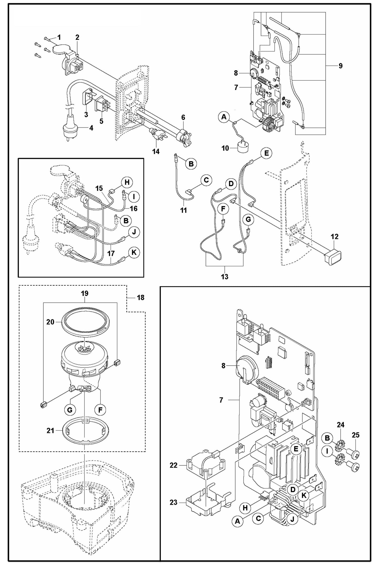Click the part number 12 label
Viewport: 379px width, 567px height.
pos(334,237)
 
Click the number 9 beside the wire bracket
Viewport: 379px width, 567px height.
pos(340,66)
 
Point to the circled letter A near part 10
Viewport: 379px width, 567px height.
pos(224,117)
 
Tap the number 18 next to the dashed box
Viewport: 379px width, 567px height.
pos(141,298)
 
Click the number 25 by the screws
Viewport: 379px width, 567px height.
pos(355,435)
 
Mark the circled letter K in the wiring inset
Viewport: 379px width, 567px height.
pos(134,253)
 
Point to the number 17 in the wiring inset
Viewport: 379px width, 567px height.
pos(111,254)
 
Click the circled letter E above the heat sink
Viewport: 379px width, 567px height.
pos(296,449)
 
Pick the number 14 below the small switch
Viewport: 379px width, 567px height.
pos(156,152)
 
